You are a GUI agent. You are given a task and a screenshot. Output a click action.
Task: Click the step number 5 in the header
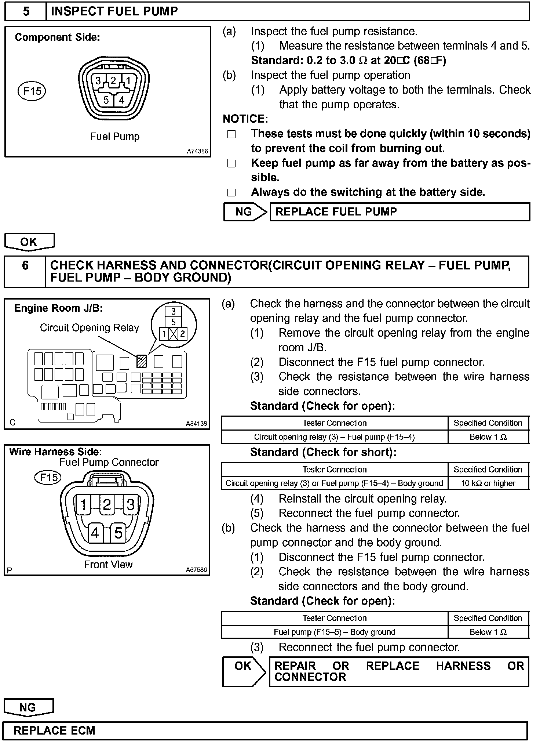click(x=26, y=11)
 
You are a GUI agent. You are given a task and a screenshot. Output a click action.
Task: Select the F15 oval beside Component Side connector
click(x=32, y=91)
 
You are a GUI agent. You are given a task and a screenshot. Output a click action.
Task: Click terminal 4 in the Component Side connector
click(x=121, y=99)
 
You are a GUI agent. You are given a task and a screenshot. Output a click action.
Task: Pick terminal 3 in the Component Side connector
click(x=98, y=80)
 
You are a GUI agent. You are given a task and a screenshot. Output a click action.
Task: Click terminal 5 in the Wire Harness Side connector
click(x=118, y=533)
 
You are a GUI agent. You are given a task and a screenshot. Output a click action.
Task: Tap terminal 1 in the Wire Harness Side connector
click(x=83, y=505)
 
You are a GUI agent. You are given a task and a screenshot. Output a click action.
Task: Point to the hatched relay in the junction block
click(x=141, y=362)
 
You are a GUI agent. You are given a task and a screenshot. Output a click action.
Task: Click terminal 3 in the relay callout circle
click(x=174, y=312)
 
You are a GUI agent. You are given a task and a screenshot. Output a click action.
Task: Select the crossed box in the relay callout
click(x=174, y=334)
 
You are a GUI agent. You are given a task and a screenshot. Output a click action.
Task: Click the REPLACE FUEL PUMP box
click(x=399, y=212)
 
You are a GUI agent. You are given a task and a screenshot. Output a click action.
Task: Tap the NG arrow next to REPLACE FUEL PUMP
click(x=245, y=212)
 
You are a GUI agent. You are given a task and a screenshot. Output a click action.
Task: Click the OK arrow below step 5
click(x=29, y=242)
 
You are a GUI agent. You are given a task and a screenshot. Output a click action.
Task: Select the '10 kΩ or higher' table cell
click(x=488, y=483)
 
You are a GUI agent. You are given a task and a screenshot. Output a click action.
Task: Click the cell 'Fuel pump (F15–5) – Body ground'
click(x=334, y=632)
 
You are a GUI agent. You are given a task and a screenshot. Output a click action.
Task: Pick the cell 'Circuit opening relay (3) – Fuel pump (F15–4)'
click(x=334, y=437)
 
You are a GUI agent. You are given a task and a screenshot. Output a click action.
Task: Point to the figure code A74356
click(x=197, y=151)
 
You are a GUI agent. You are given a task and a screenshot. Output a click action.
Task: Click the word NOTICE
click(x=245, y=119)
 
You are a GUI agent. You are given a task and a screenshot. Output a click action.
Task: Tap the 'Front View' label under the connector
click(x=108, y=564)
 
